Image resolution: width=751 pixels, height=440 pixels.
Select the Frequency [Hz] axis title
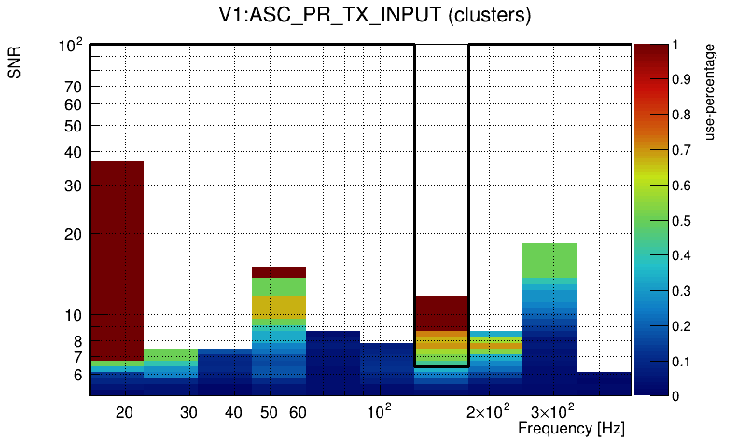click(x=571, y=428)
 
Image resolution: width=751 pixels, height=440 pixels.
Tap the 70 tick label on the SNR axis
click(x=74, y=87)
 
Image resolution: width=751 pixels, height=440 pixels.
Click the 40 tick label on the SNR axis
click(x=74, y=152)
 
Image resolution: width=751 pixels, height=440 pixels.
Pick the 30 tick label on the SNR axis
click(x=74, y=186)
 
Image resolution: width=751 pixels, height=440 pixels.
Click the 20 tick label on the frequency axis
click(x=124, y=411)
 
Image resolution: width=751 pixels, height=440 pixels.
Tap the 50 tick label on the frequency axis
click(x=269, y=411)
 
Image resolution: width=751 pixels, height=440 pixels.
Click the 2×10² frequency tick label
click(x=487, y=411)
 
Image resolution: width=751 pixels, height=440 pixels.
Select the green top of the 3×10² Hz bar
click(x=549, y=260)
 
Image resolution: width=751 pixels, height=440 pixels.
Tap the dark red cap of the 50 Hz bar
click(x=279, y=271)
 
